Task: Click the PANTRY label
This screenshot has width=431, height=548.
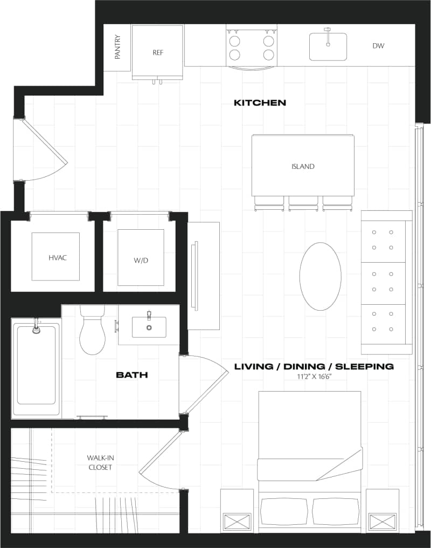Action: point(117,47)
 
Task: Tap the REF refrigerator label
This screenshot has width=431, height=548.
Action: point(158,53)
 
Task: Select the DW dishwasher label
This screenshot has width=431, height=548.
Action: point(378,46)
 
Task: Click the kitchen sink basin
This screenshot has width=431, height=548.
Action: point(328,47)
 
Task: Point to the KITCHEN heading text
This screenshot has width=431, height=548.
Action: point(260,102)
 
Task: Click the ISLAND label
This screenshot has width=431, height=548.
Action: point(303,167)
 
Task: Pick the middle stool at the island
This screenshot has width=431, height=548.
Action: point(303,203)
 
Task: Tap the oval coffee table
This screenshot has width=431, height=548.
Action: point(320,276)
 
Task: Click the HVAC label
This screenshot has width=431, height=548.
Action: point(55,258)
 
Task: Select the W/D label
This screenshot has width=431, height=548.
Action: point(141,261)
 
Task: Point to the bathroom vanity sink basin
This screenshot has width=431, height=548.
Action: point(149,327)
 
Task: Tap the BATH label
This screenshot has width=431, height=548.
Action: point(132,375)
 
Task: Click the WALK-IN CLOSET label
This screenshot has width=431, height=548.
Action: point(100,462)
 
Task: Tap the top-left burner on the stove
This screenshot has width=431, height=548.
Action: point(235,40)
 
